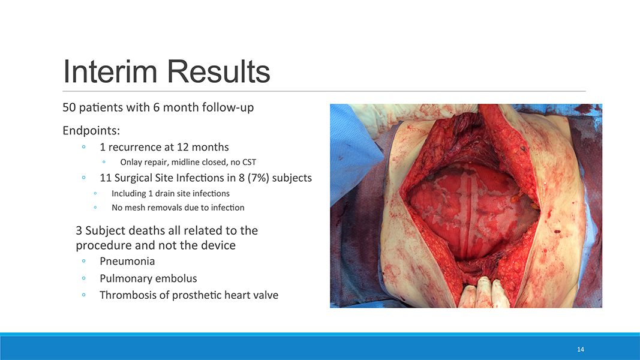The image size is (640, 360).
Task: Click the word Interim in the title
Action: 110,71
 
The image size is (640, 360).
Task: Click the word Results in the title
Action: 218,71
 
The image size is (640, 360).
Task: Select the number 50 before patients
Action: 69,107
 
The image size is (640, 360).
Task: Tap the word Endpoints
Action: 91,131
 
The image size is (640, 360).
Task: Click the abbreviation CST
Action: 249,162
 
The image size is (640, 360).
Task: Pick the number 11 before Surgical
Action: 106,178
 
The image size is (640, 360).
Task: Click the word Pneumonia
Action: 127,261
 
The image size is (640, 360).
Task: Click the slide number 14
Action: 581,349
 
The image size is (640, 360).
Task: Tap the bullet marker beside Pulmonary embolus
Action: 83,278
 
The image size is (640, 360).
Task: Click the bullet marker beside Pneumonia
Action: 83,261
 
